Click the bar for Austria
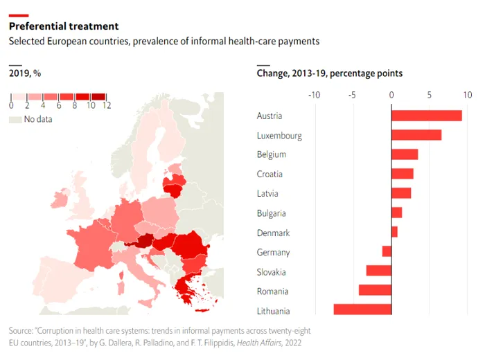tap(426, 116)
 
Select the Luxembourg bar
tap(416, 135)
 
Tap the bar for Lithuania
tap(362, 310)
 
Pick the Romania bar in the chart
tap(375, 291)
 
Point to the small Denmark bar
tap(394, 233)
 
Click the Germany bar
tap(387, 252)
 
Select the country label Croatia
tap(270, 174)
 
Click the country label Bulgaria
tap(271, 213)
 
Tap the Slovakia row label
tap(271, 272)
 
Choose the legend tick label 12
tap(106, 105)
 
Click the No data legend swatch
tap(15, 120)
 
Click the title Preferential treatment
tap(63, 26)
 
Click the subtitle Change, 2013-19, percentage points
tap(329, 73)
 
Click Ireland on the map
tap(60, 199)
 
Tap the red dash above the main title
tap(19, 15)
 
